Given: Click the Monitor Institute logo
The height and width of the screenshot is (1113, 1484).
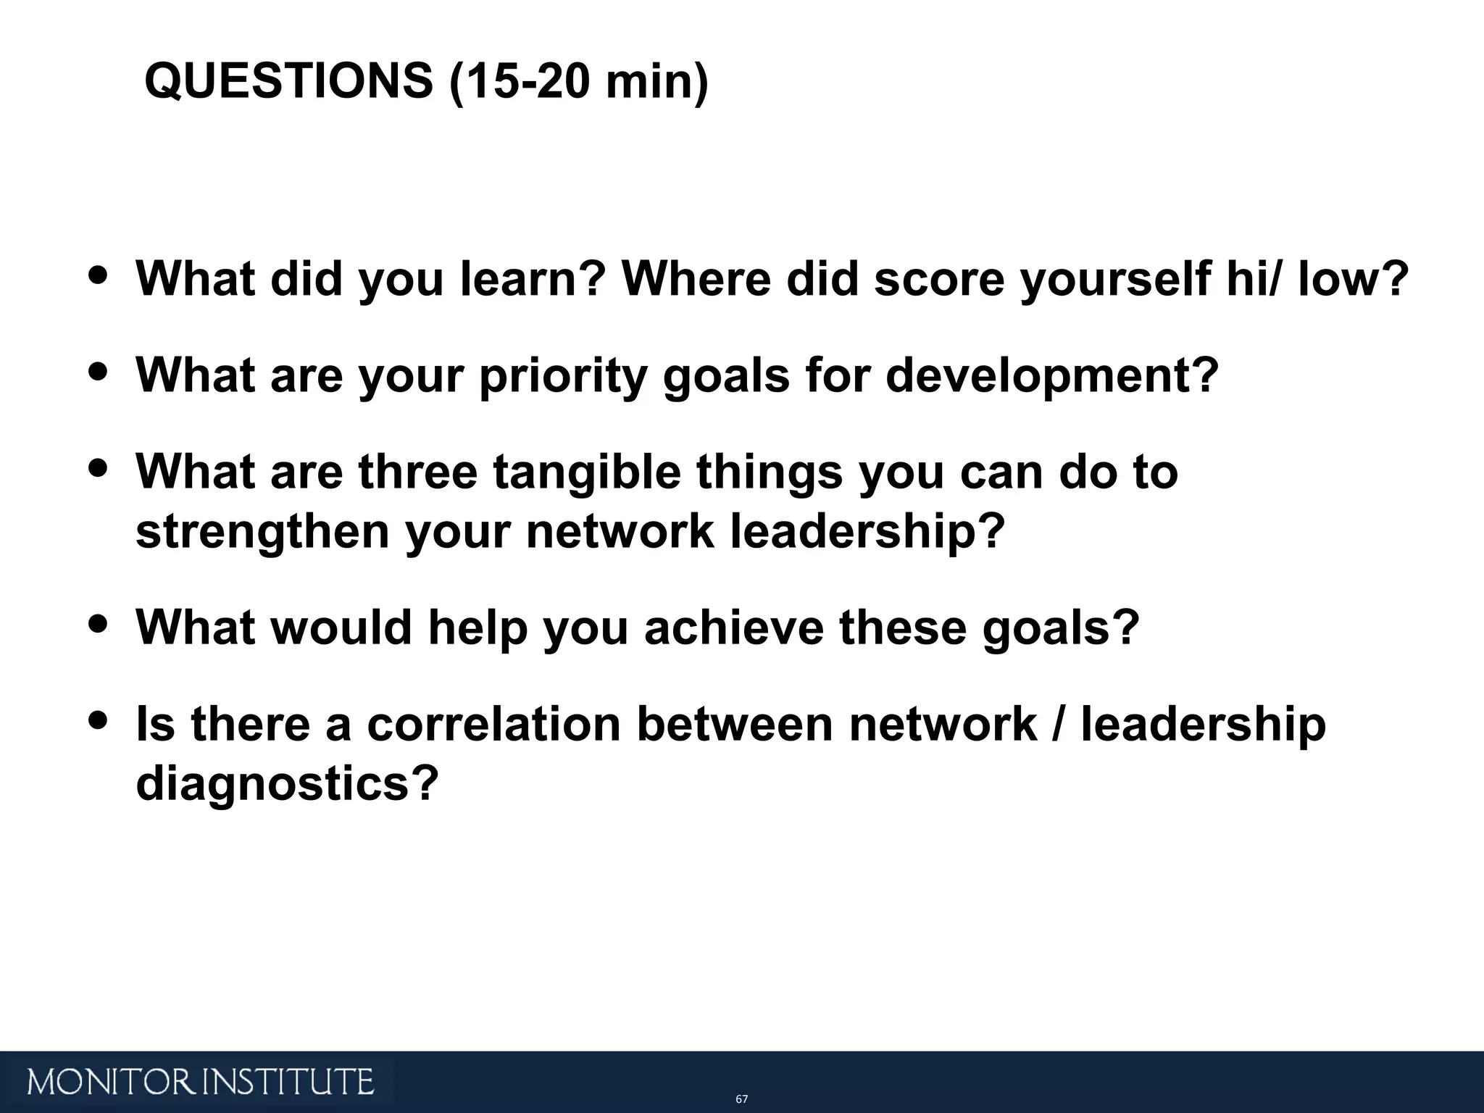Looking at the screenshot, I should (201, 1082).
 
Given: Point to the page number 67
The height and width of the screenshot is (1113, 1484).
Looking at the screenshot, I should (741, 1099).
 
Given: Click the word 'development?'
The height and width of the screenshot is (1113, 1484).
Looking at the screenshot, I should (1052, 377).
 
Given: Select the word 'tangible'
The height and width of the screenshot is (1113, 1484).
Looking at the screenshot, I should (587, 473).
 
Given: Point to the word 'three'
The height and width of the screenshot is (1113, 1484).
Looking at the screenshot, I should (418, 472).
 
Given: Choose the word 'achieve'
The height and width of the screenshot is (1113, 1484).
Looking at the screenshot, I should (734, 627).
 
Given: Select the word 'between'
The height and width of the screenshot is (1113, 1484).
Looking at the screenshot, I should (735, 724).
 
